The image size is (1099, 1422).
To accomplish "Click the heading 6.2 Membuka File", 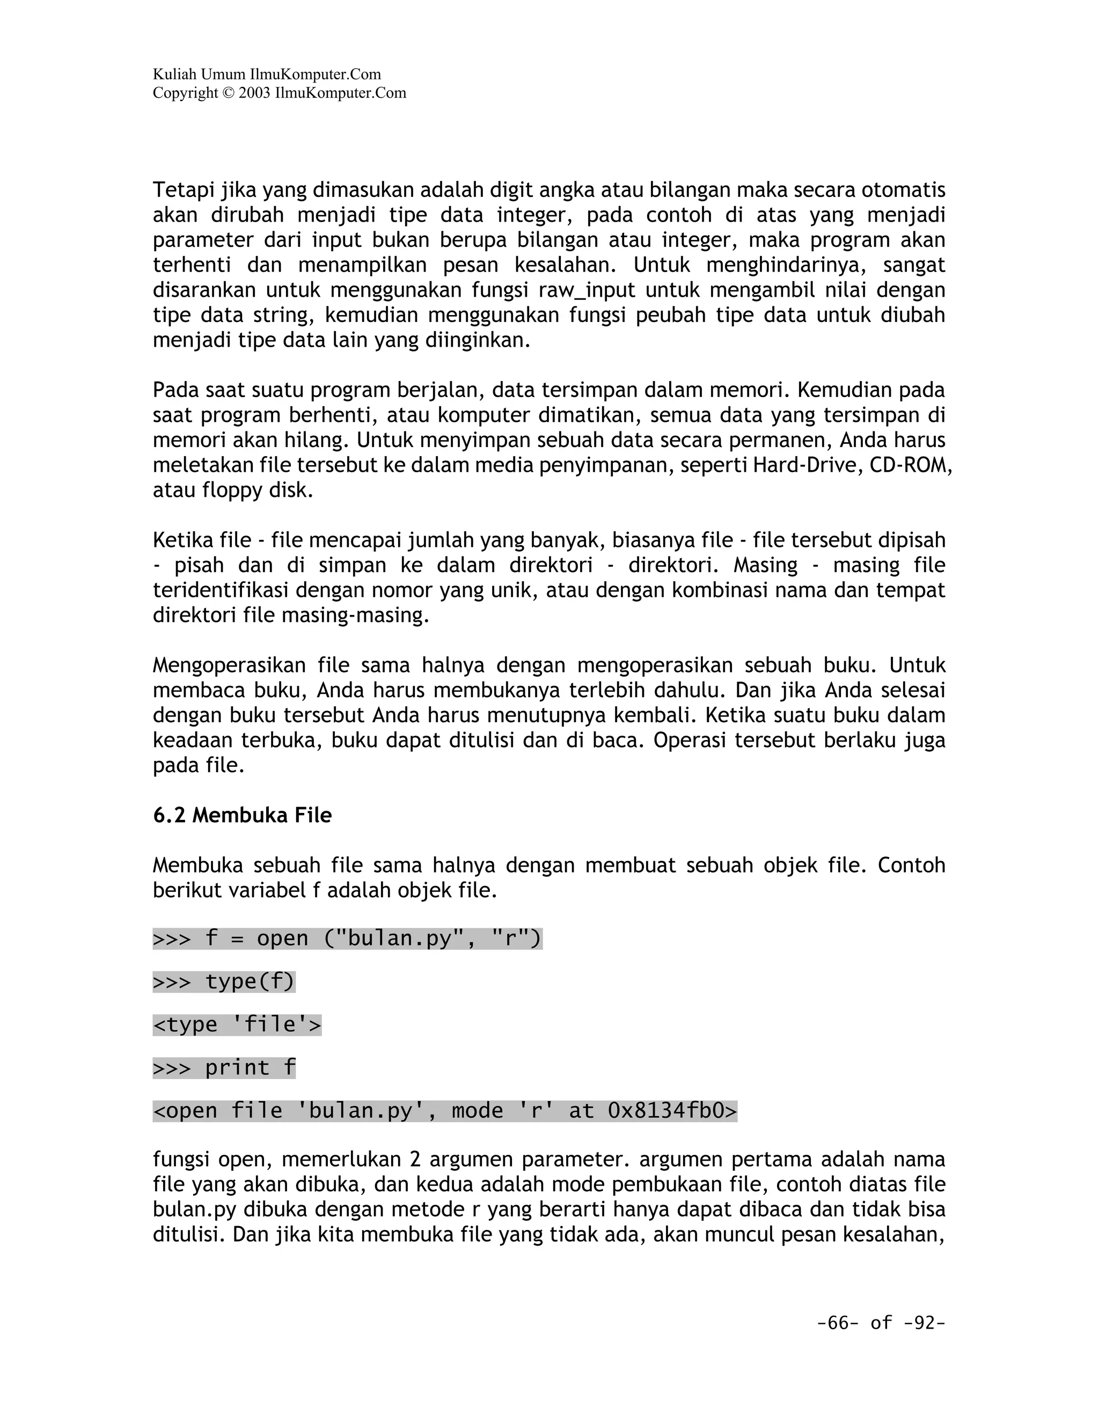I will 242,815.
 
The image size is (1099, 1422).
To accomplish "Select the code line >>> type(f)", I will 224,981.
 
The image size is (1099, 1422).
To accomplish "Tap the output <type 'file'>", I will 237,1024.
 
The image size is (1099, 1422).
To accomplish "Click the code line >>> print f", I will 224,1068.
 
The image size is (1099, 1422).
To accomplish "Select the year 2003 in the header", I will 254,93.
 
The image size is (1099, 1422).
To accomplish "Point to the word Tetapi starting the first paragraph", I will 184,190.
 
